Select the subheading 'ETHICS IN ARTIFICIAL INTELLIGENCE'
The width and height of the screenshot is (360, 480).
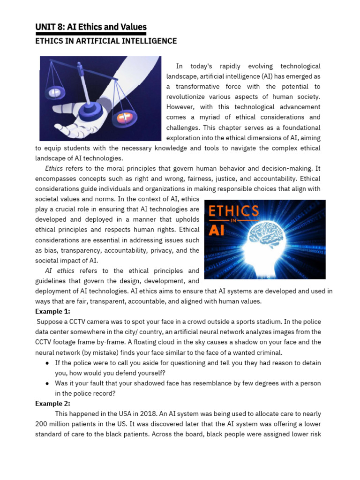click(x=106, y=41)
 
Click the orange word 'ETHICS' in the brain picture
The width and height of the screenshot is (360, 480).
click(x=233, y=211)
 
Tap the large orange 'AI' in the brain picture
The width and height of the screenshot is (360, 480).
click(x=217, y=230)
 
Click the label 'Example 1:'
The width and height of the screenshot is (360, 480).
click(x=52, y=311)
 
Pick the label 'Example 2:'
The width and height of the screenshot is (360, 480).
click(x=52, y=403)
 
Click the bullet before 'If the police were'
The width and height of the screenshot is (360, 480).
click(x=48, y=363)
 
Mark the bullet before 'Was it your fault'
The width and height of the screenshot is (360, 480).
click(x=48, y=383)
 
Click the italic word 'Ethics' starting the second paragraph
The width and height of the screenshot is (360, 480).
click(x=54, y=168)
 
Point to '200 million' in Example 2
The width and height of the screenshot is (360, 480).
click(x=52, y=424)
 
